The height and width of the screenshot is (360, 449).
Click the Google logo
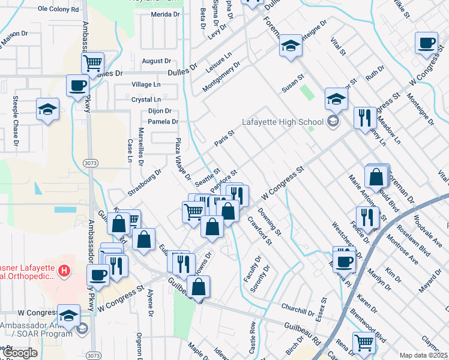pyautogui.click(x=19, y=353)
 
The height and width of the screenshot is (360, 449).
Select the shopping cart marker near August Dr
pyautogui.click(x=93, y=62)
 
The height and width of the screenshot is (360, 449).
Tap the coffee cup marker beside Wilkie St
pyautogui.click(x=427, y=43)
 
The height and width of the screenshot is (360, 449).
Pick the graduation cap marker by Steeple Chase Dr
pyautogui.click(x=47, y=110)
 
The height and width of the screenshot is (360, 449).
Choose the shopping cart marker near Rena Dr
pyautogui.click(x=364, y=343)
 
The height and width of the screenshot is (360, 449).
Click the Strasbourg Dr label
pyautogui.click(x=144, y=182)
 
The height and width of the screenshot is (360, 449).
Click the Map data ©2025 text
pyautogui.click(x=424, y=355)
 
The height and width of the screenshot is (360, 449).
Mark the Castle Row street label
pyautogui.click(x=253, y=337)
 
